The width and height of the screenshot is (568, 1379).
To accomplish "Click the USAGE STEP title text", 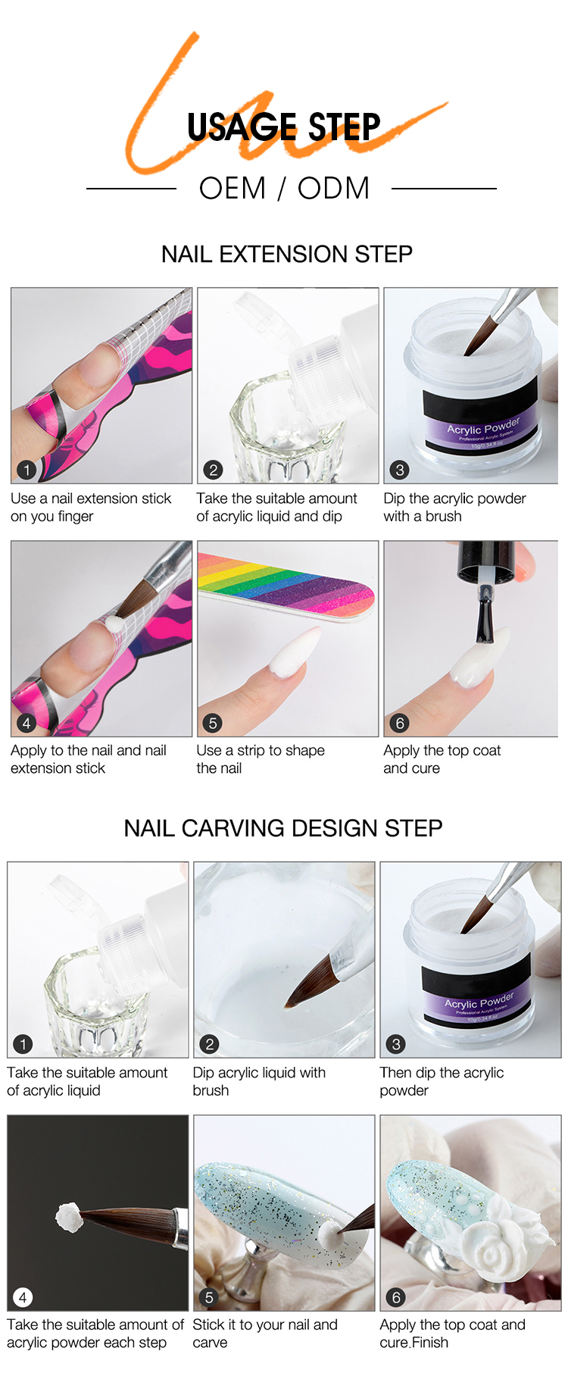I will click(x=283, y=127).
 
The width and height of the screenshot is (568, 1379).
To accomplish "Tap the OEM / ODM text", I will click(x=284, y=189).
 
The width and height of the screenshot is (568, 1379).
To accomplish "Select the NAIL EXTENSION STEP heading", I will click(x=286, y=254).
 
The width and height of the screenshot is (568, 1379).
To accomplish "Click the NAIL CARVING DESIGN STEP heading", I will click(x=283, y=828).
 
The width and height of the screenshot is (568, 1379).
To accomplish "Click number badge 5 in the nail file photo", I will click(x=213, y=723).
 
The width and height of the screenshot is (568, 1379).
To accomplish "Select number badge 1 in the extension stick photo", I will click(x=27, y=470).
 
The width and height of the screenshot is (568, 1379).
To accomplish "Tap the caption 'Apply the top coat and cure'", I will click(x=442, y=759).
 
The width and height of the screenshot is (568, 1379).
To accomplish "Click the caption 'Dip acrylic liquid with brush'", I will click(x=259, y=1081).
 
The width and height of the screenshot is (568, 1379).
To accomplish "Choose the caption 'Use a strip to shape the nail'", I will click(x=260, y=759).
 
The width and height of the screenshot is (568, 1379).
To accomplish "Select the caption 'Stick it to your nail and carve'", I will click(x=264, y=1334).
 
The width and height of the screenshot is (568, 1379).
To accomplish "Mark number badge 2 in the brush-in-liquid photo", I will click(x=210, y=1044).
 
